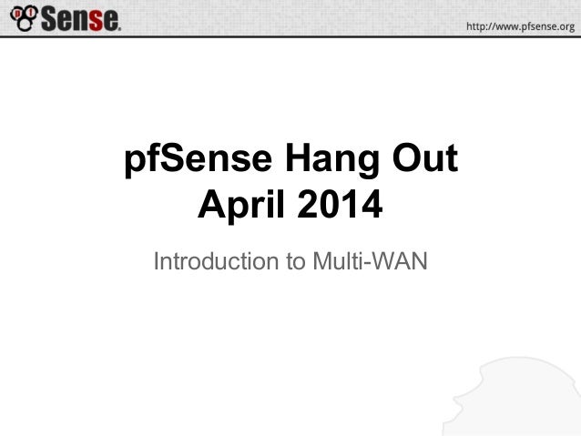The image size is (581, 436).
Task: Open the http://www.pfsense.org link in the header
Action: click(520, 26)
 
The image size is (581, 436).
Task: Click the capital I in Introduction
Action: click(158, 262)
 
